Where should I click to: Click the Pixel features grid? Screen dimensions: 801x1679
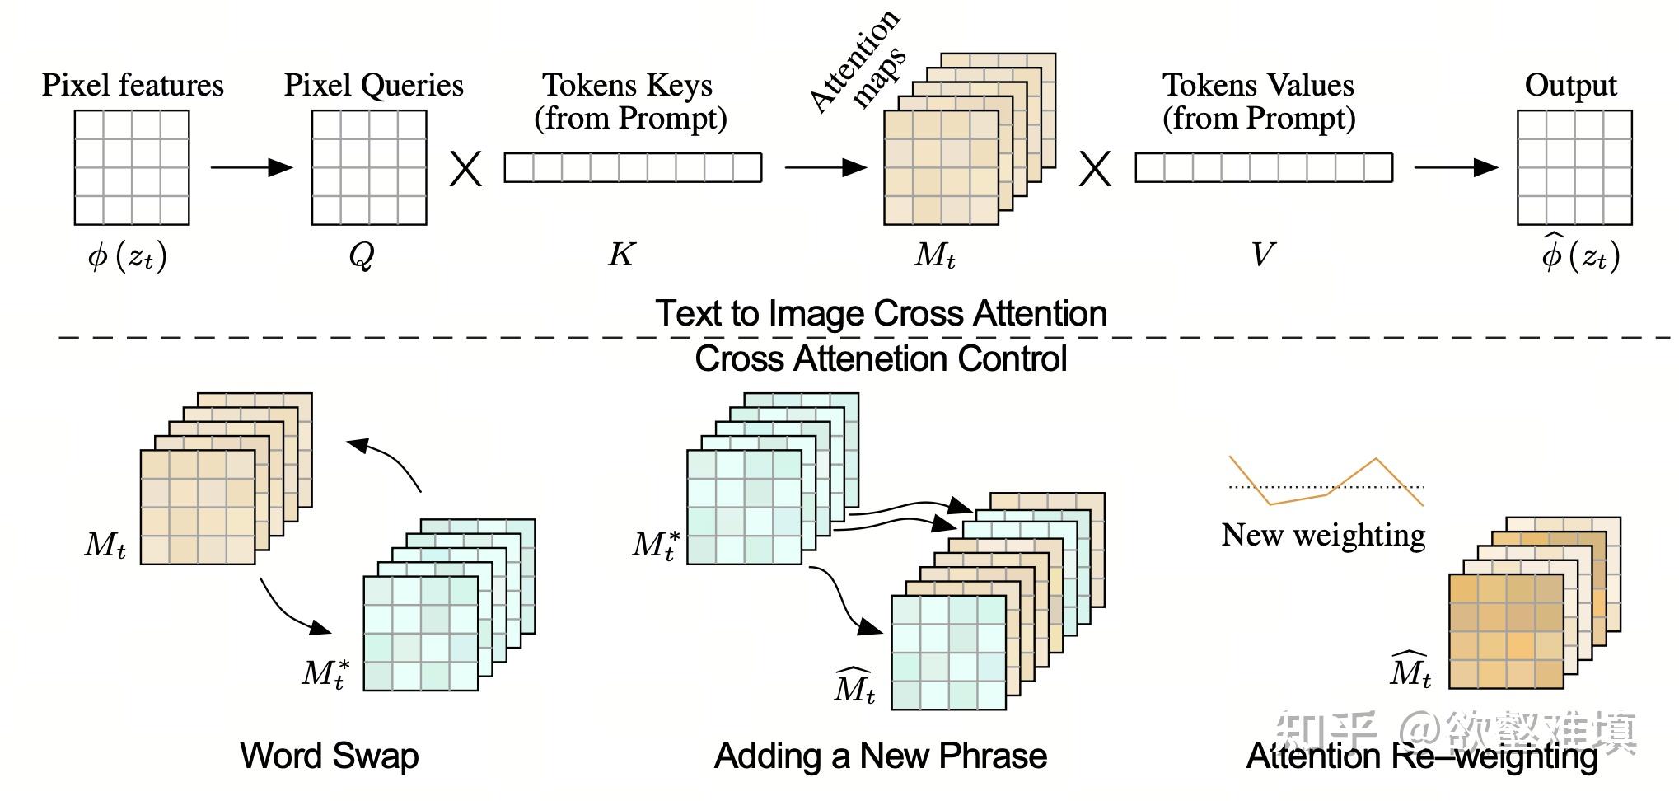[x=132, y=167]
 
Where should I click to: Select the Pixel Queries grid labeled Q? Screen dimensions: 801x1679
[x=369, y=167]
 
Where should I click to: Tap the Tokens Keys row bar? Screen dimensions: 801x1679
[x=633, y=167]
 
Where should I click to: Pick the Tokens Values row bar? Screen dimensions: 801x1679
[x=1264, y=167]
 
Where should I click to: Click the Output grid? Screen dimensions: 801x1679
[x=1574, y=167]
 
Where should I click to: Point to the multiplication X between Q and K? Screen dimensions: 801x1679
[x=465, y=169]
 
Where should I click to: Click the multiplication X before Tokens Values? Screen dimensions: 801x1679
[x=1095, y=169]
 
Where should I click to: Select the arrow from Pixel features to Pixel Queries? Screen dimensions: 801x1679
[x=251, y=167]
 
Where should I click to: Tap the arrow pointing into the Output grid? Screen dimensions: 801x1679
[x=1456, y=167]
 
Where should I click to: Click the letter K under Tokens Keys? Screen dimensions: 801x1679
[x=621, y=255]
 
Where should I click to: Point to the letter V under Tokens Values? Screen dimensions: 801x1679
[x=1262, y=255]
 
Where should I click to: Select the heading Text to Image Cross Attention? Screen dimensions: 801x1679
[x=881, y=313]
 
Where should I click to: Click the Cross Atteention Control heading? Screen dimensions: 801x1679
[x=881, y=358]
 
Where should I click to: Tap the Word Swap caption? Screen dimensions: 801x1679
[x=330, y=756]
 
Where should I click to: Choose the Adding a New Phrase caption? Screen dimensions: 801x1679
[x=881, y=756]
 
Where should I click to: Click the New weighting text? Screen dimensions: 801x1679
[x=1323, y=535]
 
